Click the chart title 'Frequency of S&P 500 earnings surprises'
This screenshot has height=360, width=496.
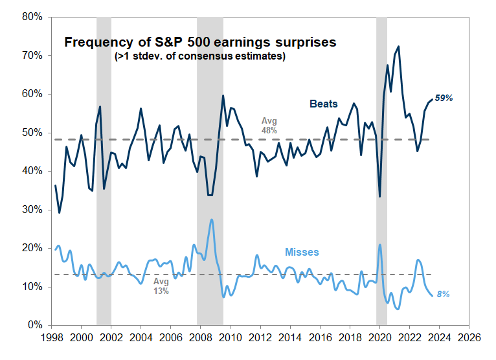(x=200, y=42)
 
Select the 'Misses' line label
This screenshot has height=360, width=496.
(x=302, y=251)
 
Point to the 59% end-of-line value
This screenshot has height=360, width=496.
(x=443, y=98)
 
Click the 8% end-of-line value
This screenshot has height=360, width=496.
(x=442, y=295)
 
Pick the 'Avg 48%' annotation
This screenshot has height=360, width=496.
(x=269, y=125)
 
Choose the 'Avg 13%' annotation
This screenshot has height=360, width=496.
(x=161, y=286)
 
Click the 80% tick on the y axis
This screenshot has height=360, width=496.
(x=31, y=17)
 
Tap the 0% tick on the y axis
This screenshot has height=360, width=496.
(x=34, y=325)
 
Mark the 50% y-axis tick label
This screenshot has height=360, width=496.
(x=31, y=133)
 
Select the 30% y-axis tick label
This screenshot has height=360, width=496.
(x=31, y=210)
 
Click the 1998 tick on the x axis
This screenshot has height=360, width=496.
(x=52, y=338)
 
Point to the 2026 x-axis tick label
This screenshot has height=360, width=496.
(x=465, y=338)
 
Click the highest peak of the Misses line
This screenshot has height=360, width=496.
(x=212, y=219)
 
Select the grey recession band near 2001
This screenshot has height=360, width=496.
(x=104, y=168)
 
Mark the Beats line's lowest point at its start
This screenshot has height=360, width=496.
(x=59, y=212)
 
